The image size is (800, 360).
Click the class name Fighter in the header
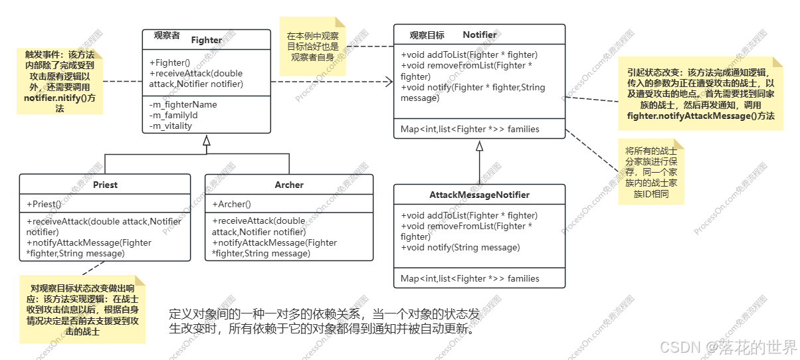click(206, 40)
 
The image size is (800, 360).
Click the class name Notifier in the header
click(479, 35)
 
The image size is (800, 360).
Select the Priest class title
click(105, 185)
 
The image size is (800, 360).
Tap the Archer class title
click(289, 185)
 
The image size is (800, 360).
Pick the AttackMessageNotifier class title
click(479, 195)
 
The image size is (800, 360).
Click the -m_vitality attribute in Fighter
click(171, 126)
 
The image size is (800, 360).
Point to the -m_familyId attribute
click(173, 115)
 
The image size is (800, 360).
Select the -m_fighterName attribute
click(183, 104)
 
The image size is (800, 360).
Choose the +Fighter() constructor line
click(170, 62)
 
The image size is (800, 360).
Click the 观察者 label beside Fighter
click(167, 35)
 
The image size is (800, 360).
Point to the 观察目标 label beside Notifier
click(427, 35)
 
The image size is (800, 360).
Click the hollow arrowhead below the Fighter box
click(207, 140)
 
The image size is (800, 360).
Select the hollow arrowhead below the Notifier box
click(479, 145)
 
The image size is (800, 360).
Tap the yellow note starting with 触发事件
click(60, 80)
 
